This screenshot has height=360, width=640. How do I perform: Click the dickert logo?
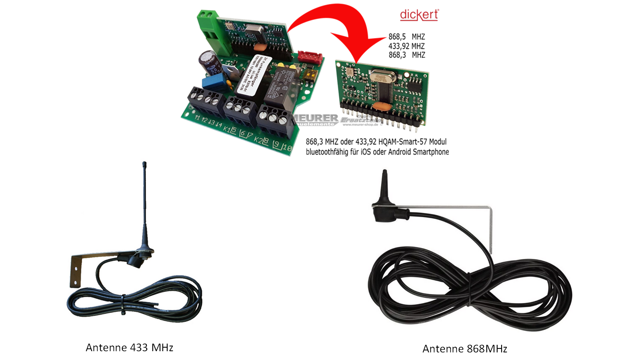pos(419,15)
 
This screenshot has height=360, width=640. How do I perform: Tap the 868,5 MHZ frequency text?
pos(406,37)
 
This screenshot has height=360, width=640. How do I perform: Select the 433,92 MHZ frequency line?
pos(406,46)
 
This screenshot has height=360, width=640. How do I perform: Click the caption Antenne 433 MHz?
pos(129,348)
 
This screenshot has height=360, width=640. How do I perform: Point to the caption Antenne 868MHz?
pos(465,349)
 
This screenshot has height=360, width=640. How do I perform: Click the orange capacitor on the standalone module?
pos(382,106)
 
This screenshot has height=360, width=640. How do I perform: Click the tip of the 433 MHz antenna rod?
pos(144,164)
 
